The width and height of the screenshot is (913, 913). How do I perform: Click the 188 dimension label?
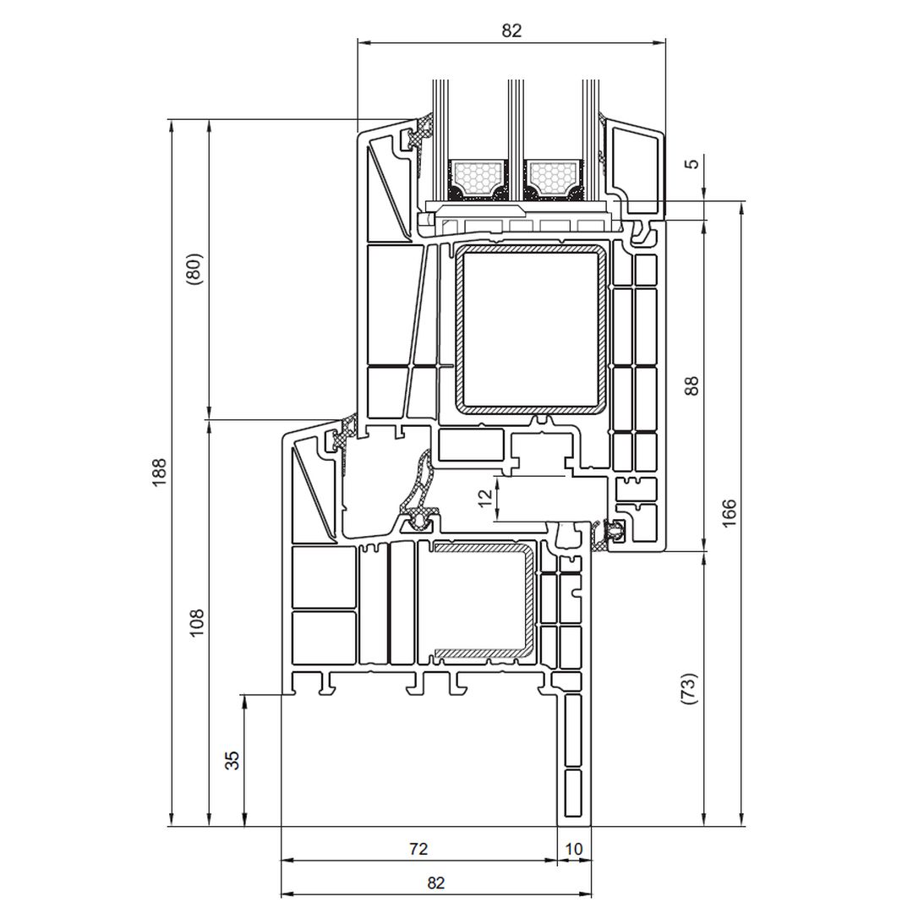click(160, 473)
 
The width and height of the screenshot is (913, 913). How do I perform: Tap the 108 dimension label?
click(198, 622)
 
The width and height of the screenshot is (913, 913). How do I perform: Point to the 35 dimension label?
click(232, 761)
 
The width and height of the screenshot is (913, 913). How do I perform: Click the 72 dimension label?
click(418, 849)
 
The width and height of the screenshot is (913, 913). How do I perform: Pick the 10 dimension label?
click(573, 849)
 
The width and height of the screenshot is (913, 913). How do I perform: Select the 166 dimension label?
click(729, 513)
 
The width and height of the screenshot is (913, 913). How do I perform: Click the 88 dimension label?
click(692, 386)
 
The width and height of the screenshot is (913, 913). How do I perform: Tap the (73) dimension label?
click(689, 690)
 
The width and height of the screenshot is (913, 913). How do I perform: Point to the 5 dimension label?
click(693, 164)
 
